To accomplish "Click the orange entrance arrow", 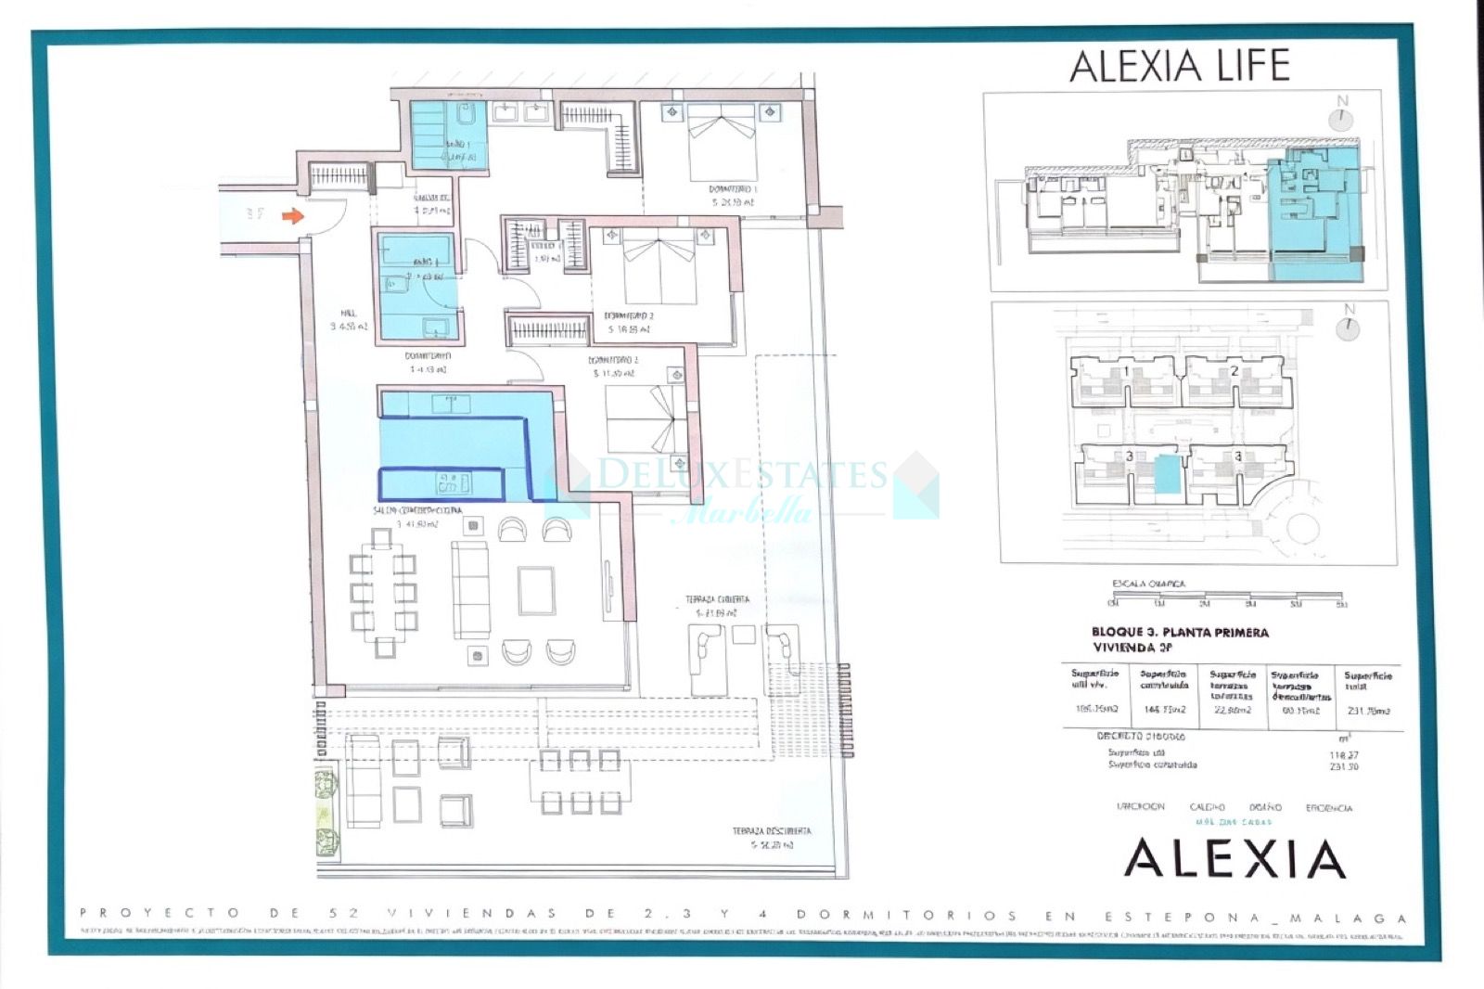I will tap(292, 216).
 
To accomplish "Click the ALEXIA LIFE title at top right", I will tap(1180, 65).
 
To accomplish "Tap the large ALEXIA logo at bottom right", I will tap(1235, 858).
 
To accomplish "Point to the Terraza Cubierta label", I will tap(717, 600).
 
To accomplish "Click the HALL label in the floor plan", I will tap(349, 314).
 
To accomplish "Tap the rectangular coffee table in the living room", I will tap(537, 591).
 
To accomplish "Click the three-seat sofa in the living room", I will tap(470, 590).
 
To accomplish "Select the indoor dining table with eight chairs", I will tap(382, 592).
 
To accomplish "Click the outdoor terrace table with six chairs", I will tap(580, 781).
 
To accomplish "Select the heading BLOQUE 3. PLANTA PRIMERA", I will tap(1180, 633).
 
